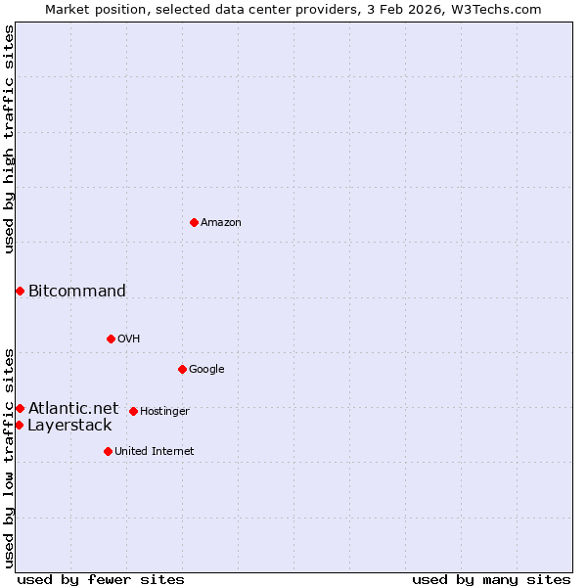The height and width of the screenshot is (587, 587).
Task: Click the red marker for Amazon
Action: click(194, 222)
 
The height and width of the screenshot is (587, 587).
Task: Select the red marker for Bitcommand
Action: click(20, 291)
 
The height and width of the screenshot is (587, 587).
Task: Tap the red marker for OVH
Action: click(111, 339)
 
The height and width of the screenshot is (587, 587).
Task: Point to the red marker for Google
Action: click(182, 369)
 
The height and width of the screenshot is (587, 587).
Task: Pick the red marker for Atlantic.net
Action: click(20, 408)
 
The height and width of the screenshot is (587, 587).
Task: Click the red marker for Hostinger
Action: click(133, 411)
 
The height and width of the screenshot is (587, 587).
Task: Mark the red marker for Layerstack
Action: click(19, 425)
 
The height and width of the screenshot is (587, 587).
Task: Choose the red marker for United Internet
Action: click(108, 451)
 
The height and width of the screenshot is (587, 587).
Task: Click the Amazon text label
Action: click(221, 223)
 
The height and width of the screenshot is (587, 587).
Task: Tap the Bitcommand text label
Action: click(77, 291)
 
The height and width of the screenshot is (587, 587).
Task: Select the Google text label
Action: click(206, 370)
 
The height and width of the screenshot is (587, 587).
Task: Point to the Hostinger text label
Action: click(164, 412)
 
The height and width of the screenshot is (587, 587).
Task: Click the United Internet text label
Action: click(155, 452)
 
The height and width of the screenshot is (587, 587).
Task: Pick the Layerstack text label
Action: click(69, 426)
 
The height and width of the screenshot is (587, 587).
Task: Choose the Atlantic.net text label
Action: click(73, 408)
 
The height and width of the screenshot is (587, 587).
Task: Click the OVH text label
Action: click(129, 339)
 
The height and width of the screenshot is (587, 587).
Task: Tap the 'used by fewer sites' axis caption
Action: click(101, 579)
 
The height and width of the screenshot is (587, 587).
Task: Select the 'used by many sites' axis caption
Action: click(491, 579)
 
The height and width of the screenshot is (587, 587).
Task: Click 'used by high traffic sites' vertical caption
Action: click(9, 139)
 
